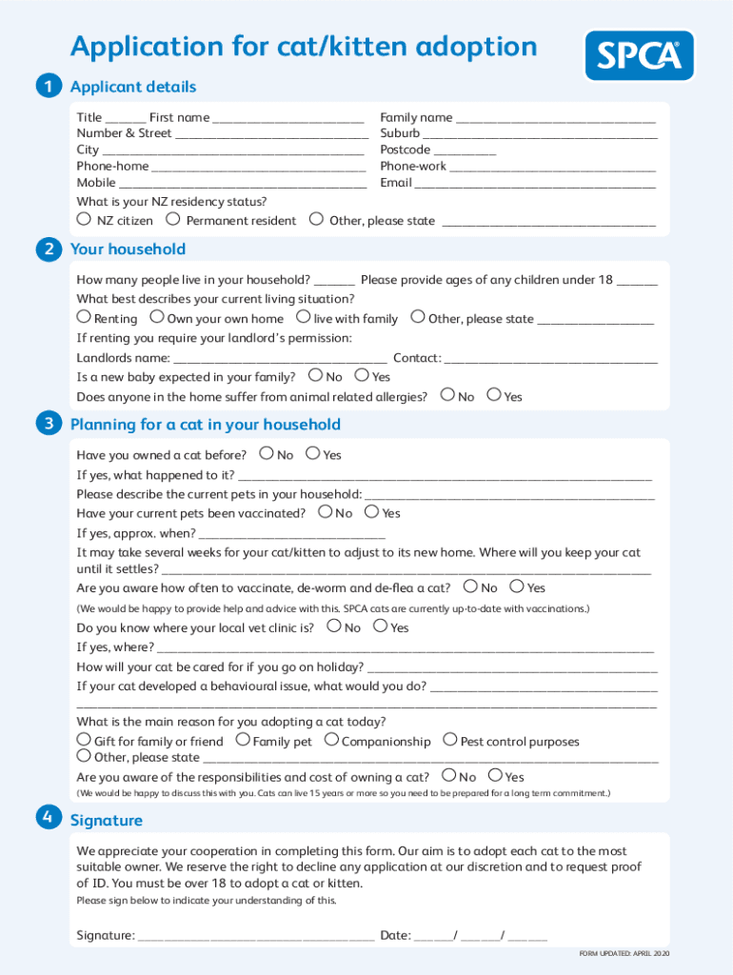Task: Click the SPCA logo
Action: coord(639,56)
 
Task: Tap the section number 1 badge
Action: coord(48,87)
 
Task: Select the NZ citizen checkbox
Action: coord(84,219)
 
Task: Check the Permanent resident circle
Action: coord(172,219)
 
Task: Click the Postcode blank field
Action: coord(466,150)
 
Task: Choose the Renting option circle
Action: coord(84,317)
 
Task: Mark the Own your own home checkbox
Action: coord(157,317)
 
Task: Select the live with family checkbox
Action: coord(304,317)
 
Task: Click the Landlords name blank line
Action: coord(281,360)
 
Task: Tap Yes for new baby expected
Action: coord(362,376)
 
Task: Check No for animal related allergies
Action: coord(447,395)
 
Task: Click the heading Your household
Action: coord(128,249)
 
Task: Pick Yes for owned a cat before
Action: coord(313,454)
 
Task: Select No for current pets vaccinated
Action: coord(326,512)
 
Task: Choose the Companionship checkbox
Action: coord(331,740)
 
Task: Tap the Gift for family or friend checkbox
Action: coord(84,740)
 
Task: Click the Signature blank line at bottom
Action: coord(256,937)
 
